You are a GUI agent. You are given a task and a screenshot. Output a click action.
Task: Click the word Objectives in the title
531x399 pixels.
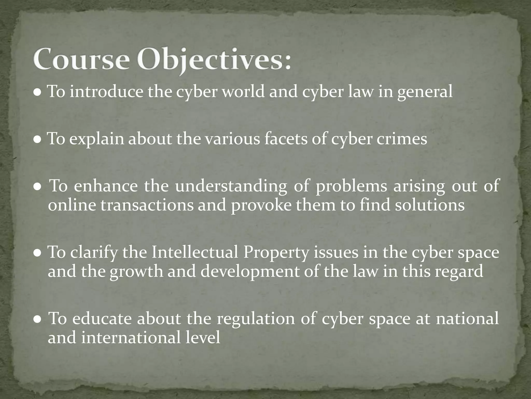[x=205, y=59]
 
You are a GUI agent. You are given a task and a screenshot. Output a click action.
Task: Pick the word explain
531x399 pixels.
[x=97, y=139]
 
